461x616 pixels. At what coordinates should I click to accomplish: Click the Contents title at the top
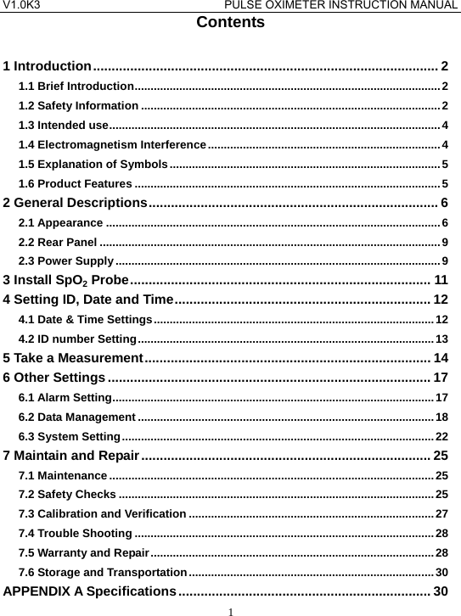pyautogui.click(x=230, y=23)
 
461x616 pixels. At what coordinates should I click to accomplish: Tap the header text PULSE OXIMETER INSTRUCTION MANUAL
pyautogui.click(x=348, y=6)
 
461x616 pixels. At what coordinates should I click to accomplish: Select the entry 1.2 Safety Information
pyautogui.click(x=79, y=106)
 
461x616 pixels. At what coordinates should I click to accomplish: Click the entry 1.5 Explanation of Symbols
pyautogui.click(x=93, y=164)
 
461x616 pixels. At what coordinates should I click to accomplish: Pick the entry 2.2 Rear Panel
pyautogui.click(x=56, y=242)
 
